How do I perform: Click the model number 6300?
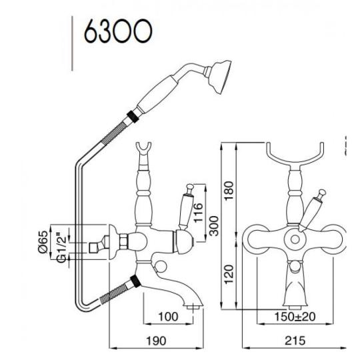coord(118,31)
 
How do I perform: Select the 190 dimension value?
coord(156,341)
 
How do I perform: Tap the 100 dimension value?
coord(168,317)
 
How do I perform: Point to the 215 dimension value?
coord(295,341)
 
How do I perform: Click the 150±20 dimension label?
coord(295,317)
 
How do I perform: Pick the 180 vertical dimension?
coord(229,191)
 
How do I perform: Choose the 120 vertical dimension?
coord(229,274)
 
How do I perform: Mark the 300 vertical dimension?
coord(214,226)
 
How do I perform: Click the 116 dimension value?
coord(199,213)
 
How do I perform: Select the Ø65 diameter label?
coord(43,242)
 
